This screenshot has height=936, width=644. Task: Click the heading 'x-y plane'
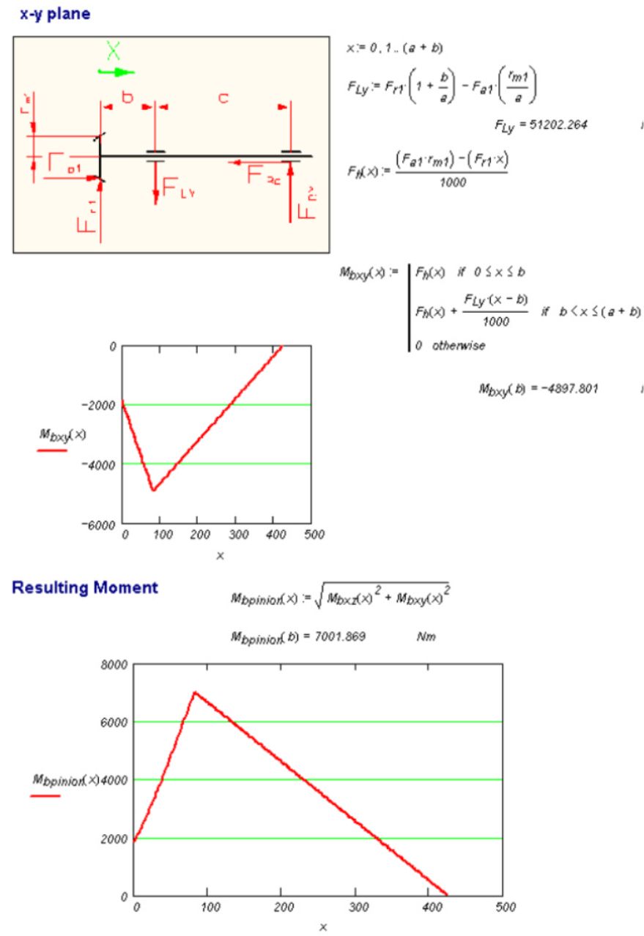(x=56, y=13)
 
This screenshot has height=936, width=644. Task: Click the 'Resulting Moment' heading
(x=85, y=587)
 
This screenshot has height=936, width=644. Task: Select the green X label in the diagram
(x=113, y=51)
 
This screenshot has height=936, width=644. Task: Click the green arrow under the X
(x=116, y=72)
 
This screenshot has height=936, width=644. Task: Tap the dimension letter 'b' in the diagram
(x=127, y=97)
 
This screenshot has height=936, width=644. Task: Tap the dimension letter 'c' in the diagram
(x=224, y=97)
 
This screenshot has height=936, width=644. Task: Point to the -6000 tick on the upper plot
(x=99, y=524)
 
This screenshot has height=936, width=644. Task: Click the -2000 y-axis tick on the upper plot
(x=99, y=405)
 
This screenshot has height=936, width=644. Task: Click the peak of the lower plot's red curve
(x=194, y=691)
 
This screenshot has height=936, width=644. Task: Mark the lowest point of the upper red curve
(x=152, y=490)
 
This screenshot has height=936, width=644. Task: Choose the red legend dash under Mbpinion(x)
(x=45, y=795)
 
